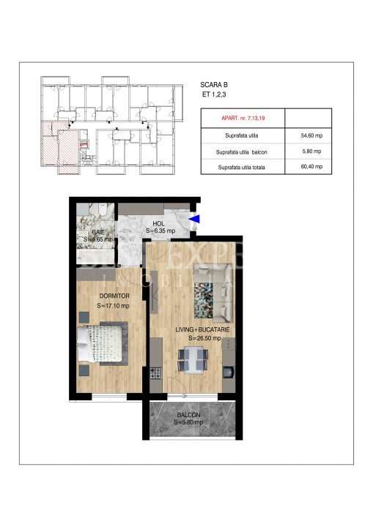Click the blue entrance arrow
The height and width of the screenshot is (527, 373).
(193, 217)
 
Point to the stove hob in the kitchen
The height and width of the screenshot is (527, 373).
(155, 373)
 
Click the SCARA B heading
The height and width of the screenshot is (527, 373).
(213, 85)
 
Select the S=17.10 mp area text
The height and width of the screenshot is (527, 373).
(113, 306)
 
